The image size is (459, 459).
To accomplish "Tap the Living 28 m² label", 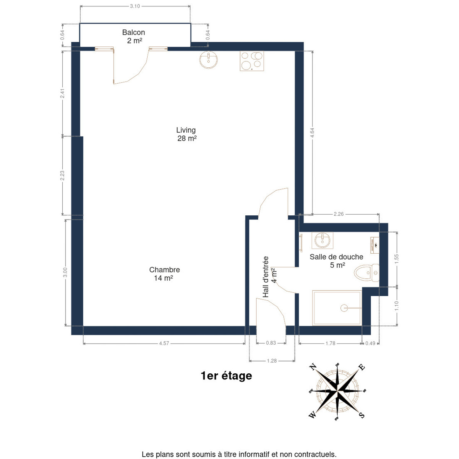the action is click(186, 134).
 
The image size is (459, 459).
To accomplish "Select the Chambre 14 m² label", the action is click(164, 274).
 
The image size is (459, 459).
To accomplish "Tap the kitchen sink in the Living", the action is click(208, 60).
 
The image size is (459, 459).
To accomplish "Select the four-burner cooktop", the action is click(252, 61).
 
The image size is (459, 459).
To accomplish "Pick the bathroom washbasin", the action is click(322, 240).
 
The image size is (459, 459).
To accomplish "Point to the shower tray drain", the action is click(344, 308).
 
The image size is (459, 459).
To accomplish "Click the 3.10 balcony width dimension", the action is click(135, 6).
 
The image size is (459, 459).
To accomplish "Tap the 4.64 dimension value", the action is click(312, 132).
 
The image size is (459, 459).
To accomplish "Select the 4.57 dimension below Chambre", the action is click(164, 343).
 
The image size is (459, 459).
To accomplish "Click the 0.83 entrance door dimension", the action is click(271, 343).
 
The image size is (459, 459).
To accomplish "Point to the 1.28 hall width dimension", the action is click(272, 361).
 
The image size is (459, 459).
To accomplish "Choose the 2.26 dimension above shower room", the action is click(339, 214).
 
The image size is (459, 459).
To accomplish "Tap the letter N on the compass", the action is click(312, 367).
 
